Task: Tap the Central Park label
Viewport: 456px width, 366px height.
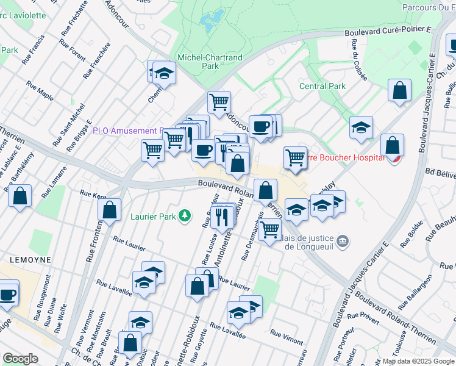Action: [x=322, y=86]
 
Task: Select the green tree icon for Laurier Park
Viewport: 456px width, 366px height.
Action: [x=183, y=215]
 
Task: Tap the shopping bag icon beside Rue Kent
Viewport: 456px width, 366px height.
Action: [x=109, y=210]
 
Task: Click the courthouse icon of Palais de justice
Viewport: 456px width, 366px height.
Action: [x=343, y=242]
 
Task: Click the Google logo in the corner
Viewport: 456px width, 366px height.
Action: [x=20, y=359]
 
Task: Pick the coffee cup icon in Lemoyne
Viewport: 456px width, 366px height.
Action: [x=7, y=294]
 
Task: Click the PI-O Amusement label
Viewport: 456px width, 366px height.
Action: [x=125, y=131]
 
